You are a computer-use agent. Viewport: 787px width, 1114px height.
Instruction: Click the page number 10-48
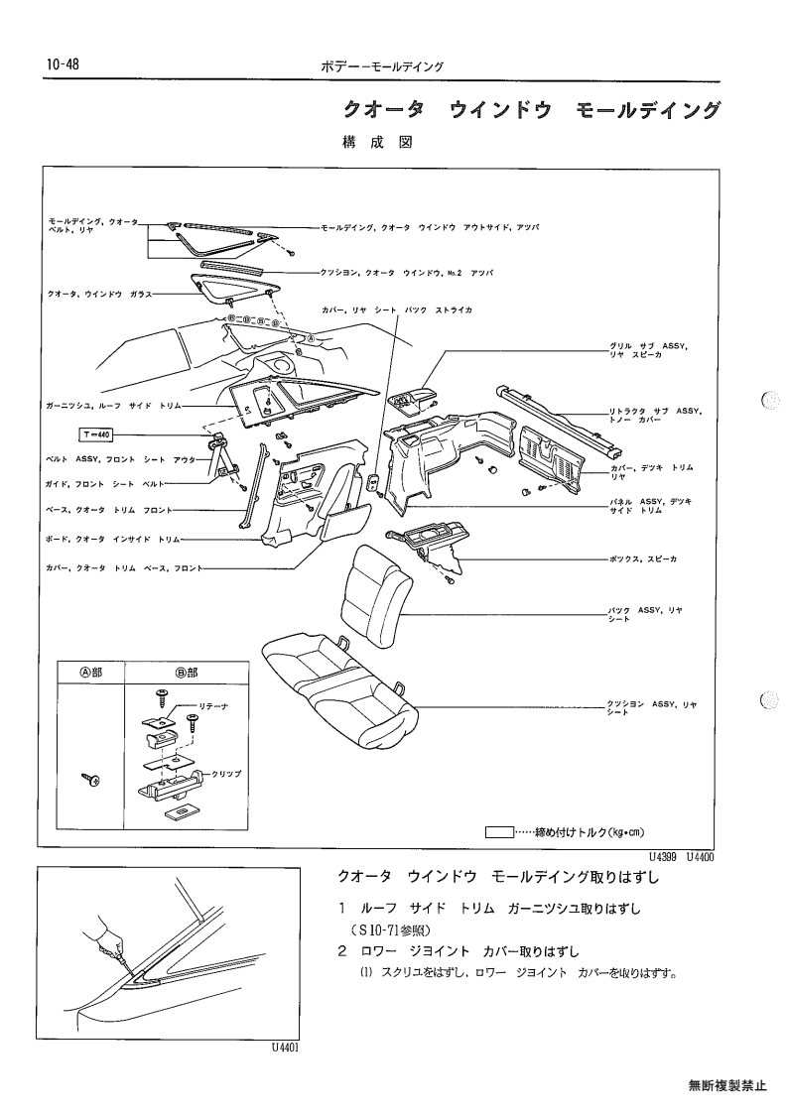pos(63,64)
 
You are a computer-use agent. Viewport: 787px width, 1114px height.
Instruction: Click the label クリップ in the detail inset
pos(227,774)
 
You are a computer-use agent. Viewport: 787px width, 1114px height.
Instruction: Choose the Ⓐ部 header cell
pos(90,673)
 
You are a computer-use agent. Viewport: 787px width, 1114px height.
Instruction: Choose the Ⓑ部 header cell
pos(187,673)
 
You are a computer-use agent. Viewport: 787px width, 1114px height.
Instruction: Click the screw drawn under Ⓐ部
pos(91,780)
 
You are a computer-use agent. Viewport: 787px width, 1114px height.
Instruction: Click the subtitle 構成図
pos(377,142)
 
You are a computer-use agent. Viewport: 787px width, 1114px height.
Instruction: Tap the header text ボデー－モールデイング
pos(382,66)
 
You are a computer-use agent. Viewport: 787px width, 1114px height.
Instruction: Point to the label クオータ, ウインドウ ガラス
pos(99,294)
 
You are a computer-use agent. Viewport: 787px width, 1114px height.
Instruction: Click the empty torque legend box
pos(499,832)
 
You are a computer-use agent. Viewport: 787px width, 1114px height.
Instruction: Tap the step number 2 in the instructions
pos(342,951)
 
